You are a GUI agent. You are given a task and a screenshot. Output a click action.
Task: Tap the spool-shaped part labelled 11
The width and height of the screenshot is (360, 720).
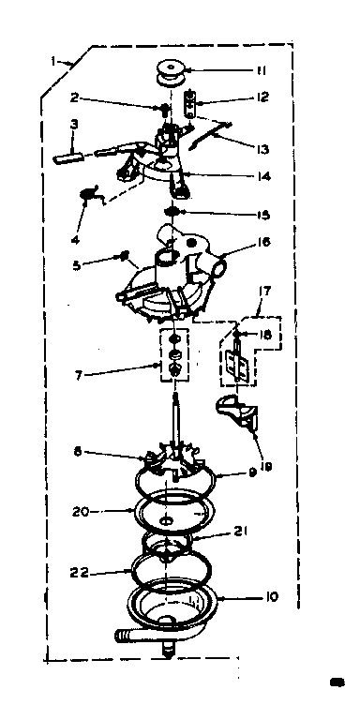(x=171, y=71)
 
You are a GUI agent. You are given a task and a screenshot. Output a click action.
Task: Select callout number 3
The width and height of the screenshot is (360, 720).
(x=73, y=122)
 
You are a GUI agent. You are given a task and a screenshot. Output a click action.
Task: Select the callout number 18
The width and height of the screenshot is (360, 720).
(x=266, y=335)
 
